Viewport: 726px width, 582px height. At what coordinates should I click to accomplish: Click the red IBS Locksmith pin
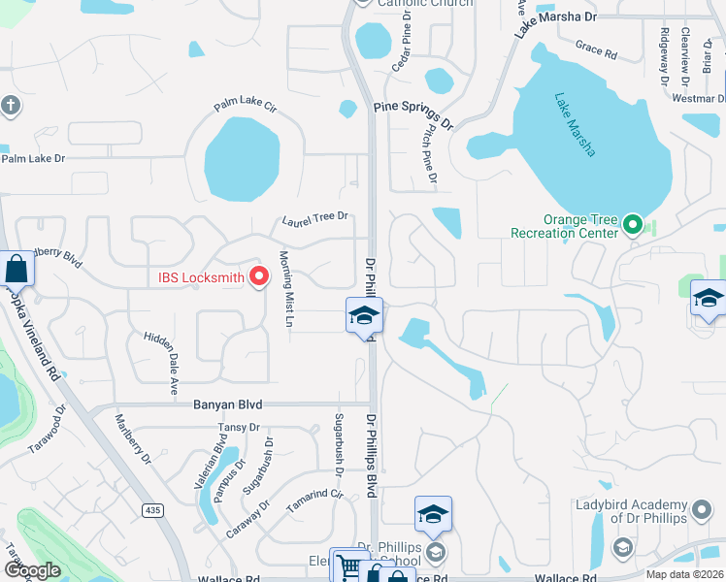point(259,277)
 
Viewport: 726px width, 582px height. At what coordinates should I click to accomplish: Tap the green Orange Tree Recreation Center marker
point(633,226)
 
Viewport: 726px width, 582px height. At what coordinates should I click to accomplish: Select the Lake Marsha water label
point(575,124)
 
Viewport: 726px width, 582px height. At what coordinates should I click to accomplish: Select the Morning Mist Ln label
point(286,289)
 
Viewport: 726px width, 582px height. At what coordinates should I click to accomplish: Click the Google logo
point(32,570)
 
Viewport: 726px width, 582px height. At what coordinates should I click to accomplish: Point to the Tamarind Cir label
point(323,495)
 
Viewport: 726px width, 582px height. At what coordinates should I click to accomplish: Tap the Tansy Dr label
point(239,427)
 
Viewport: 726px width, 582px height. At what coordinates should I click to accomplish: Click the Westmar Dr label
point(698,98)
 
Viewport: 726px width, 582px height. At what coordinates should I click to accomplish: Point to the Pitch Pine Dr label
point(427,160)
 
